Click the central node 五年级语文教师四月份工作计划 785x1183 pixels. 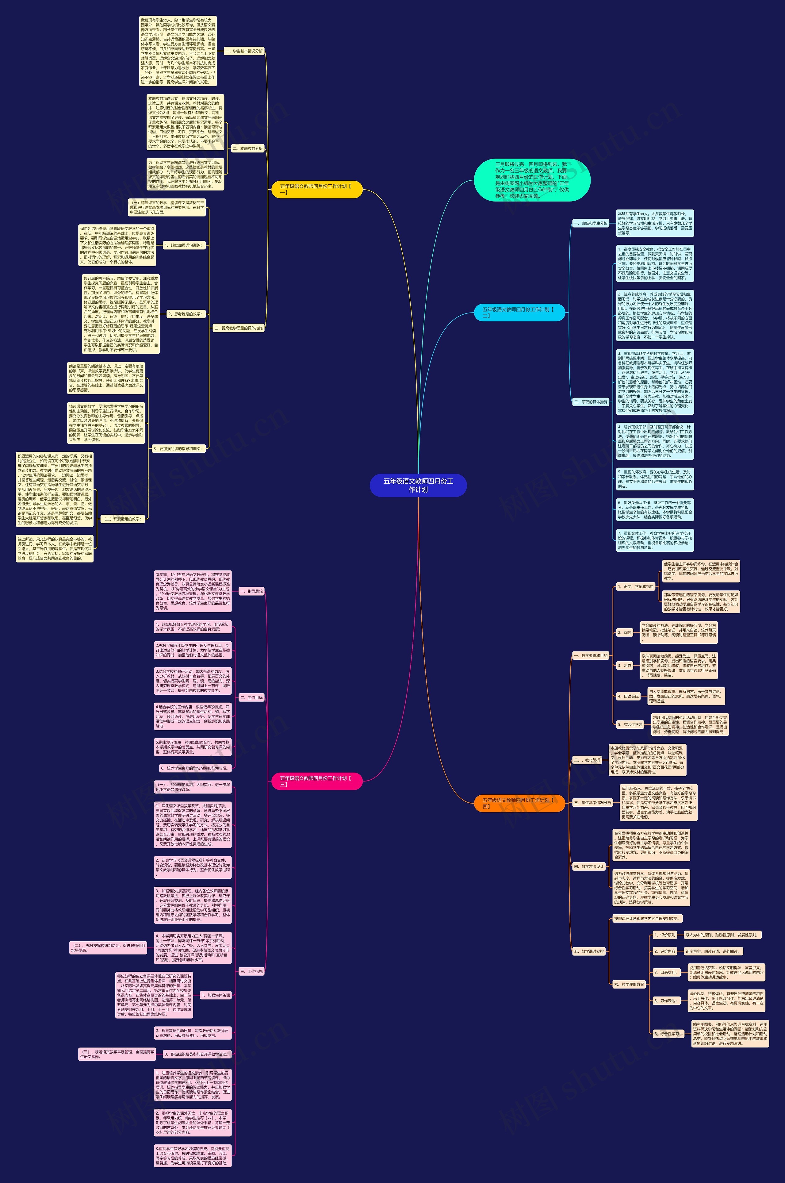(x=418, y=485)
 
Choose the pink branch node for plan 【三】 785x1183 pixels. (x=316, y=781)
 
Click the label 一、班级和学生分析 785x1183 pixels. (x=591, y=223)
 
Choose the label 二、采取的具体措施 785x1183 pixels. (x=591, y=401)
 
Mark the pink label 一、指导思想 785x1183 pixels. (x=251, y=591)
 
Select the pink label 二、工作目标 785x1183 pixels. (x=251, y=697)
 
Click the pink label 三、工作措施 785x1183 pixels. (x=251, y=971)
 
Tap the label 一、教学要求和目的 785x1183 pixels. (x=591, y=655)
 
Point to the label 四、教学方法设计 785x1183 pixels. (x=589, y=866)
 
